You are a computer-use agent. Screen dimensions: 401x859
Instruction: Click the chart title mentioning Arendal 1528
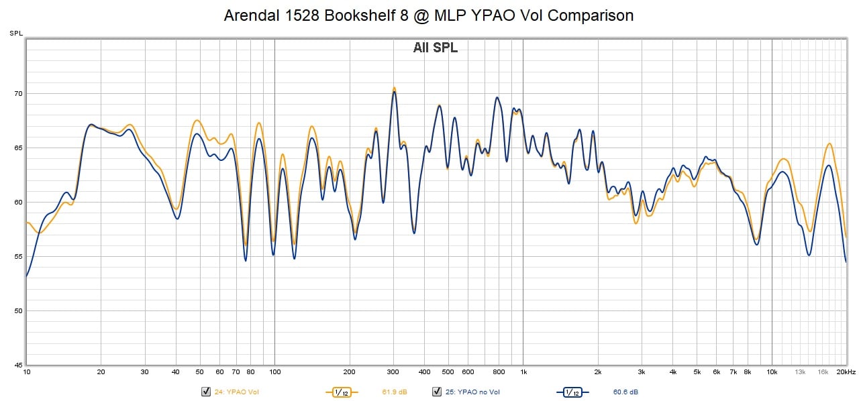click(x=429, y=15)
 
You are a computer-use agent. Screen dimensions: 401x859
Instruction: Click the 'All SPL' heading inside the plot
click(x=435, y=48)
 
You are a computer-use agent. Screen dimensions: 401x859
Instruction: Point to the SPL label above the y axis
click(x=15, y=33)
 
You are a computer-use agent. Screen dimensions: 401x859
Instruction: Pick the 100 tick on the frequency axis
click(x=274, y=371)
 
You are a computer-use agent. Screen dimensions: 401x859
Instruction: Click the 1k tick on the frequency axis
click(x=523, y=371)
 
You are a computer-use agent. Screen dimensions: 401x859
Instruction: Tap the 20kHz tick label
click(x=847, y=371)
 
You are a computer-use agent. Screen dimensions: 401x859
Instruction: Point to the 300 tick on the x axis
click(x=393, y=371)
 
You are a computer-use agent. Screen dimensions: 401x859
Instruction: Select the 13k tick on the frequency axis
click(x=801, y=371)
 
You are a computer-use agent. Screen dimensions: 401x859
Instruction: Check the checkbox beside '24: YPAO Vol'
click(x=206, y=392)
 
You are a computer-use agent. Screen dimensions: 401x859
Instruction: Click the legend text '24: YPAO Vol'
click(x=236, y=392)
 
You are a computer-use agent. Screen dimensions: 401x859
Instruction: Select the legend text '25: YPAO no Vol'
click(x=473, y=392)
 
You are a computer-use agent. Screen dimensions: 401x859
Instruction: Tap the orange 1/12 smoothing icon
click(x=342, y=392)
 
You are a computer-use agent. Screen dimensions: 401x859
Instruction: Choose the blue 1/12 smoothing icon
click(x=572, y=392)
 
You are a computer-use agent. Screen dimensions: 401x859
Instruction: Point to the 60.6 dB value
click(x=625, y=392)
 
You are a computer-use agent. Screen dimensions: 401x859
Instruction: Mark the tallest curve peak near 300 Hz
click(x=394, y=88)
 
